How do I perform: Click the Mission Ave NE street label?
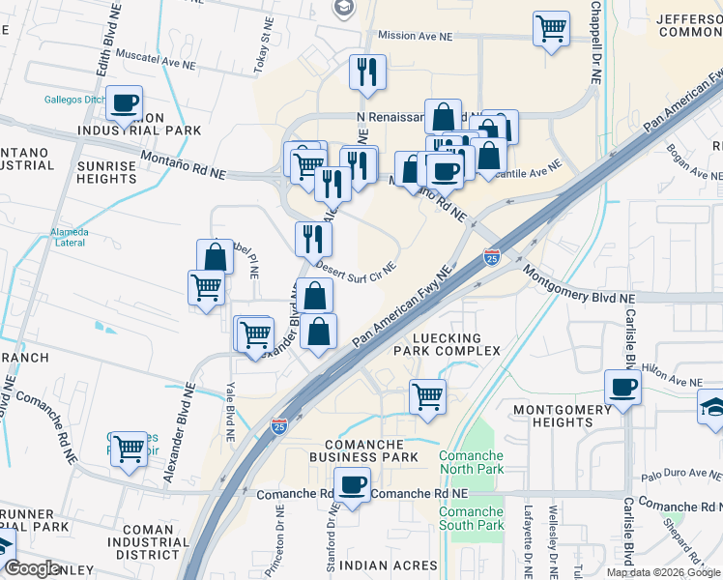[415, 35]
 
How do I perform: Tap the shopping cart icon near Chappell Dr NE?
[551, 29]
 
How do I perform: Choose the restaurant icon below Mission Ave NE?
[367, 72]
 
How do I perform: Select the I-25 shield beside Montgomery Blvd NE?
[492, 258]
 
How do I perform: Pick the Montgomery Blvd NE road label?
[579, 286]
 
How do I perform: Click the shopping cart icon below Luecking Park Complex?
[426, 395]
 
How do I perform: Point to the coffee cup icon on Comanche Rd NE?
[352, 485]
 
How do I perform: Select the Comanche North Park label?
[471, 462]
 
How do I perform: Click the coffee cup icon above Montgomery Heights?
[622, 389]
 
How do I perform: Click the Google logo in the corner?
[33, 568]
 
